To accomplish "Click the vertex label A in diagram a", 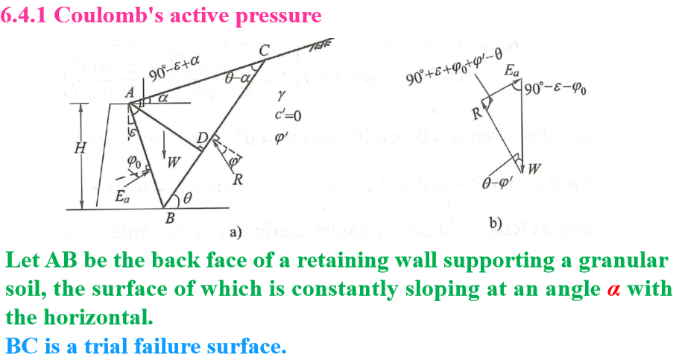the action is coord(129,92).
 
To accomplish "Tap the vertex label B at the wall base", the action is coord(169,218).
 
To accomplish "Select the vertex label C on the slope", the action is coord(265,50).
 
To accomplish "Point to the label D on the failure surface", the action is coord(201,138).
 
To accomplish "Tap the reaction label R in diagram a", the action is coord(238,180).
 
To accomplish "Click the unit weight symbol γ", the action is coord(280,95).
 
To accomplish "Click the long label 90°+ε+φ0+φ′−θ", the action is coord(455,69).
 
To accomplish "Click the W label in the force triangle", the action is coord(535,167).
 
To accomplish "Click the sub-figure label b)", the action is coord(496,222).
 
